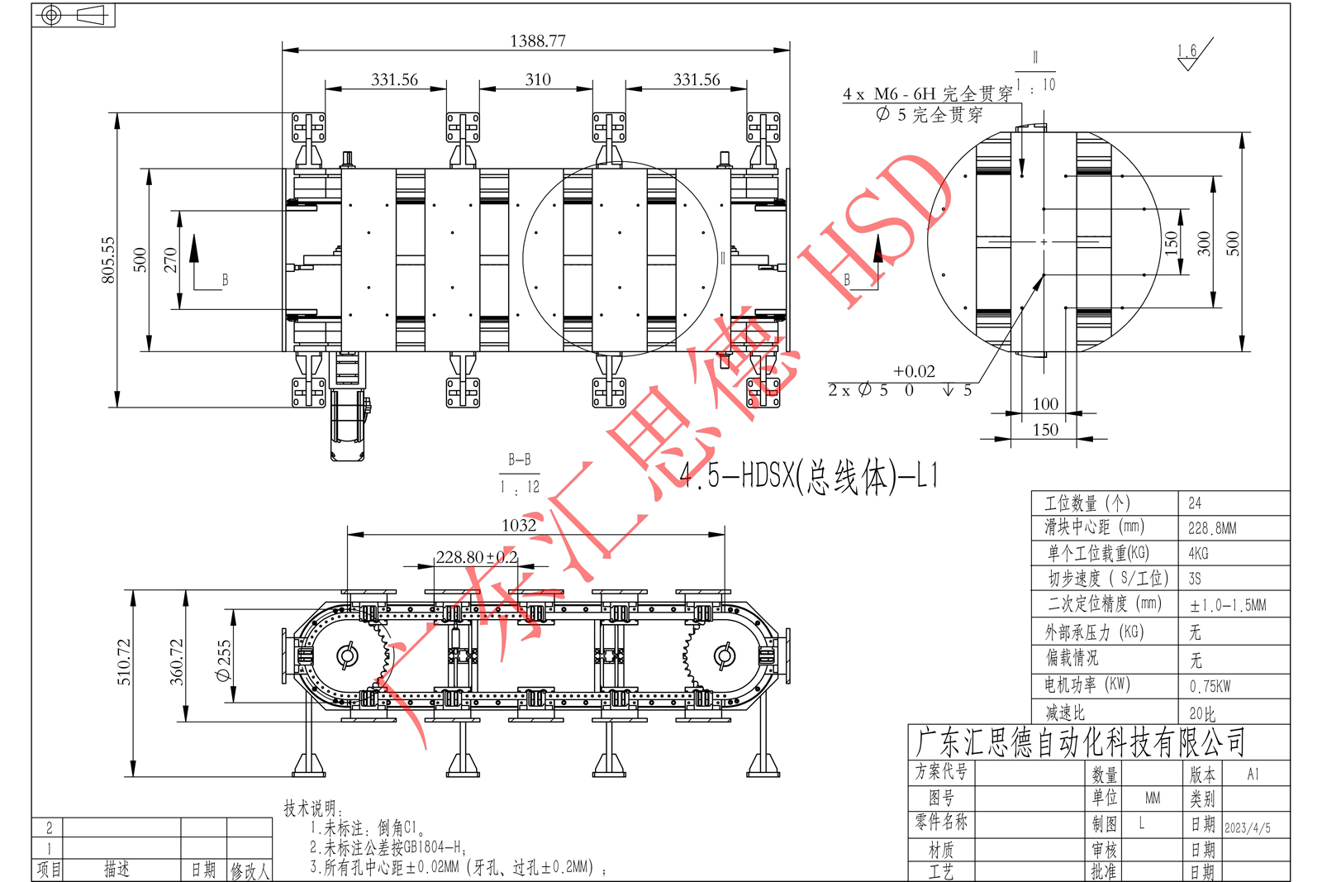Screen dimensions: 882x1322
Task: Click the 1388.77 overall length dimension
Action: coord(537,41)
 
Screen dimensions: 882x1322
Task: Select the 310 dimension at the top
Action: coord(537,79)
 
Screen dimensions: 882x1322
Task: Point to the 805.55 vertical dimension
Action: coord(108,260)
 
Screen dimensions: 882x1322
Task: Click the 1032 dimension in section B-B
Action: coord(519,525)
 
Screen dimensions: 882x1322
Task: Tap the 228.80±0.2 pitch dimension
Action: coord(477,557)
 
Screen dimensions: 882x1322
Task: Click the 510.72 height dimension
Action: coord(124,661)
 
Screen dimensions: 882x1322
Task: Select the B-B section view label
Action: coord(520,460)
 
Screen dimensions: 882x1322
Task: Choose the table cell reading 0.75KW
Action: coord(1210,686)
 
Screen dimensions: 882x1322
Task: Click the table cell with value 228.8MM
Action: coord(1212,528)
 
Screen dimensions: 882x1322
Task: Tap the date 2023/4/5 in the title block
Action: coord(1247,827)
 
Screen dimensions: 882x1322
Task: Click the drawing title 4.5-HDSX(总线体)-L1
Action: coord(810,476)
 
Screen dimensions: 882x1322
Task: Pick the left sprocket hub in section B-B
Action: coord(348,656)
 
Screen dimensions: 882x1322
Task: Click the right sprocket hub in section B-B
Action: coord(724,656)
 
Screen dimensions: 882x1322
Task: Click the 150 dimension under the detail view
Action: coord(1045,429)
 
